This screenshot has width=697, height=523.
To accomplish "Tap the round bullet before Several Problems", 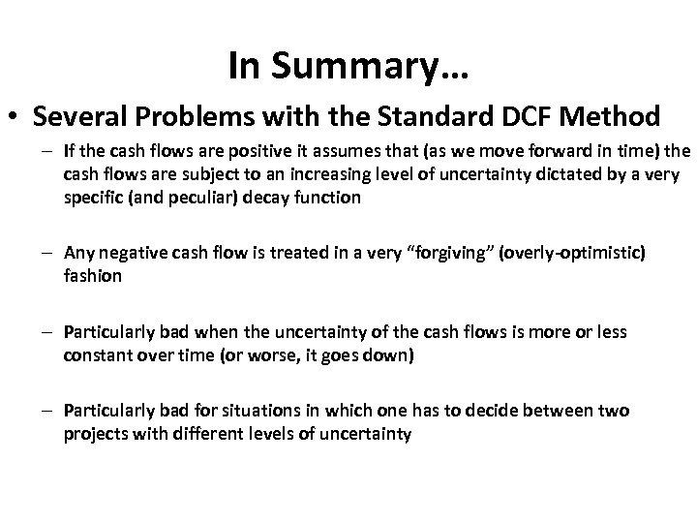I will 15,117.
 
